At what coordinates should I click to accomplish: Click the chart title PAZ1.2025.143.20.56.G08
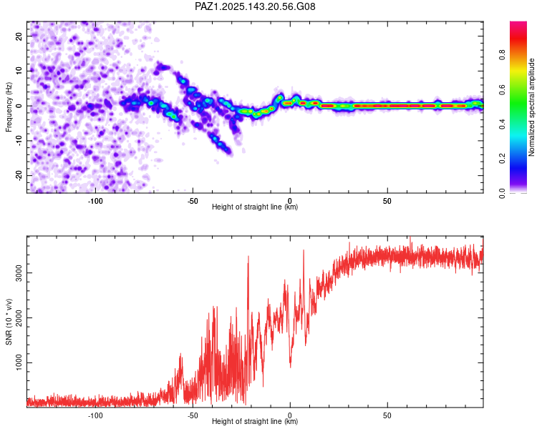[255, 6]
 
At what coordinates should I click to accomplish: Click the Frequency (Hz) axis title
[9, 107]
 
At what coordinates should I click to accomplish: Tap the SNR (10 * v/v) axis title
[9, 322]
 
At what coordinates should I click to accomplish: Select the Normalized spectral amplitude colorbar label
[531, 107]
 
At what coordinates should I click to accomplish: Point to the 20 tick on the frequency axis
[19, 36]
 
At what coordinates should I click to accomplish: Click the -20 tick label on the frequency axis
[19, 175]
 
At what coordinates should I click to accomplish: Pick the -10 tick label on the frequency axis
[19, 141]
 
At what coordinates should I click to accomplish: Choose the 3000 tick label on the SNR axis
[19, 272]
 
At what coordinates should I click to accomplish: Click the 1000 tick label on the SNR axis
[19, 363]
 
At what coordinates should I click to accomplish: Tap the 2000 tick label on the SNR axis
[19, 317]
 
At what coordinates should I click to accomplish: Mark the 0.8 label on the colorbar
[502, 55]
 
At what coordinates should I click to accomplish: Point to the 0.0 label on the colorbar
[502, 193]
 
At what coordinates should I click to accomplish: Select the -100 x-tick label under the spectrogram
[95, 201]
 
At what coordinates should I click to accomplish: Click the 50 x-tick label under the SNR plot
[387, 415]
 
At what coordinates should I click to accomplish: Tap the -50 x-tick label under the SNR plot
[193, 415]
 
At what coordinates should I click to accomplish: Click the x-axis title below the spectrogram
[255, 207]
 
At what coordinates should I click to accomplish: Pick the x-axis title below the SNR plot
[255, 421]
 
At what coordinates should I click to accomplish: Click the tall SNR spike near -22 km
[248, 260]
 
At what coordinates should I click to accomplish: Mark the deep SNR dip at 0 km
[291, 366]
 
